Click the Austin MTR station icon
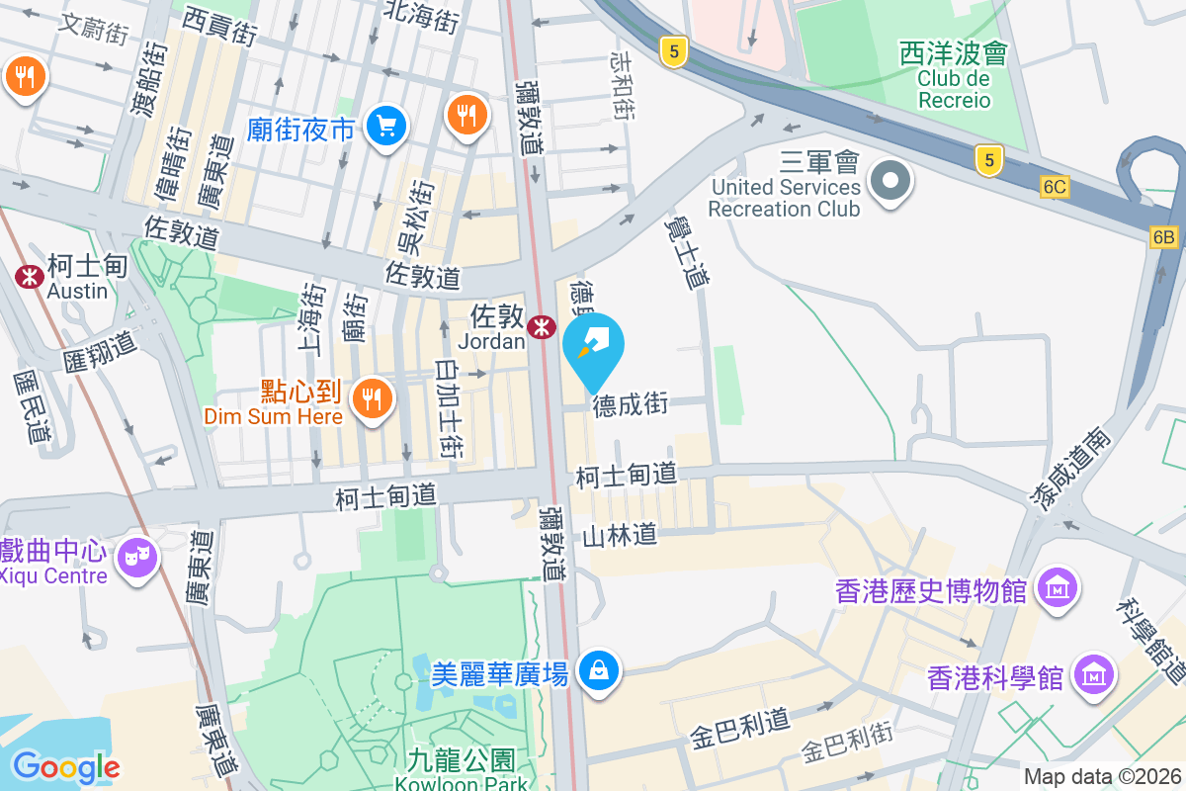[29, 277]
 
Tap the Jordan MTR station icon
[541, 326]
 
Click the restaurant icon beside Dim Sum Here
[372, 398]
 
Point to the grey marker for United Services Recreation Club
[890, 181]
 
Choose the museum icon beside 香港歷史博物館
[1057, 589]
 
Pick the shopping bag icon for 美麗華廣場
[598, 671]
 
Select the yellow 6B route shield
[1163, 237]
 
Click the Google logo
[66, 766]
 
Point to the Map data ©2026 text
[1101, 777]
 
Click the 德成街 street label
[631, 404]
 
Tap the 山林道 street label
[620, 536]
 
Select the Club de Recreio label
[953, 88]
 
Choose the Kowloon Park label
[462, 783]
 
